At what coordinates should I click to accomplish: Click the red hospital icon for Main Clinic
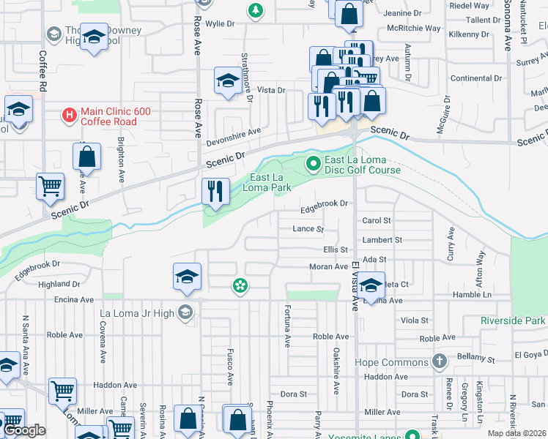point(69,115)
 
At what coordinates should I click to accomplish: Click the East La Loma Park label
point(272,182)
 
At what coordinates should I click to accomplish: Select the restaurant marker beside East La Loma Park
point(215,192)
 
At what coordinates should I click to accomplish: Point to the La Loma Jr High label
point(138,313)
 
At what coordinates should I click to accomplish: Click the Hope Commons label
point(391,362)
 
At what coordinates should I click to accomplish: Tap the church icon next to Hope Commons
point(439,361)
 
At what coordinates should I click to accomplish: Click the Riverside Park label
point(514,320)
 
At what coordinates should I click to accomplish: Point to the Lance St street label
point(308,229)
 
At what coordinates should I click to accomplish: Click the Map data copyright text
point(517,433)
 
